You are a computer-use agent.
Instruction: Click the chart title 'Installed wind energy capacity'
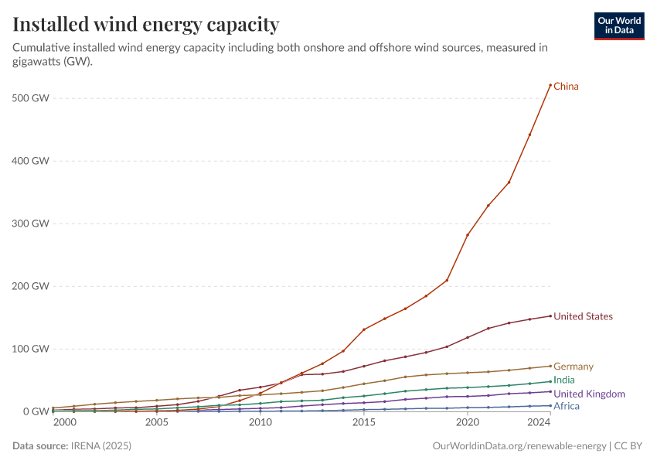tap(146, 25)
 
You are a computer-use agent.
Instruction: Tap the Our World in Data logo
tap(618, 26)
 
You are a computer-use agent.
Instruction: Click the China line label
tap(566, 87)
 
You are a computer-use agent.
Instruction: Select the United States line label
tap(583, 316)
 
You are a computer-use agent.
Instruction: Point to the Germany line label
tap(573, 367)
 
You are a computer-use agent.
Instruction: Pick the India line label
tap(564, 380)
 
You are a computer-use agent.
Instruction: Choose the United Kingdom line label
tap(589, 394)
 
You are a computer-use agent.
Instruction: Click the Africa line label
tap(567, 406)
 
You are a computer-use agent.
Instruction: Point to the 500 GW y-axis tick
tap(31, 98)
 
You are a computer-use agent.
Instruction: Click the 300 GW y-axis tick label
tap(31, 223)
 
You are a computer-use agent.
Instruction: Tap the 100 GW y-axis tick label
tap(31, 349)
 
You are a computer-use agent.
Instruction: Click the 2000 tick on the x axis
tap(64, 423)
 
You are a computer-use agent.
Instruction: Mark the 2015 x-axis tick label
tap(363, 423)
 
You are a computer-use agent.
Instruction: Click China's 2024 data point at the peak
tap(550, 85)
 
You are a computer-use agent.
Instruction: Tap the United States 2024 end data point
tap(550, 316)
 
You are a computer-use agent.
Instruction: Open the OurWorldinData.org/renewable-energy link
tap(519, 446)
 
